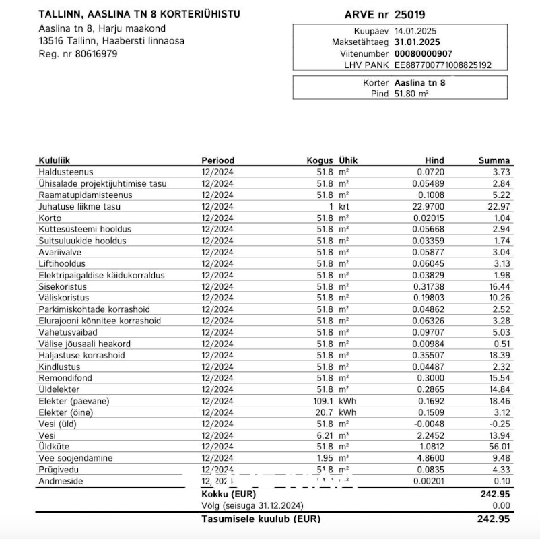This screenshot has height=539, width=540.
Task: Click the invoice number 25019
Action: point(409,14)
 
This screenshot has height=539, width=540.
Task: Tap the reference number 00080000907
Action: point(424,53)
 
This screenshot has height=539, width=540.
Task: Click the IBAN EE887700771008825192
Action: point(443,65)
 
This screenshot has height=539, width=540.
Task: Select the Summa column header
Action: point(494,160)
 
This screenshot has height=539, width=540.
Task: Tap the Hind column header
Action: point(434,160)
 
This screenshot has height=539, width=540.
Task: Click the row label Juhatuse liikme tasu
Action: point(79,206)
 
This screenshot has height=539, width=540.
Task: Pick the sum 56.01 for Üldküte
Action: point(499,447)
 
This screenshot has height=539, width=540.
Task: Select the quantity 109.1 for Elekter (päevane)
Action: point(321,401)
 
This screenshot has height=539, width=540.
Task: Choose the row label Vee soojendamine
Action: point(75,458)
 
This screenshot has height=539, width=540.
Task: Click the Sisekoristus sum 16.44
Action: point(499,286)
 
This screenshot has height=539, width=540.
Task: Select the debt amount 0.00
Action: point(501,505)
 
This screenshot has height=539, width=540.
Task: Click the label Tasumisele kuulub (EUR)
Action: point(261,519)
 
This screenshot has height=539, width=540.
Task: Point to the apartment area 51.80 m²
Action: point(411,94)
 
